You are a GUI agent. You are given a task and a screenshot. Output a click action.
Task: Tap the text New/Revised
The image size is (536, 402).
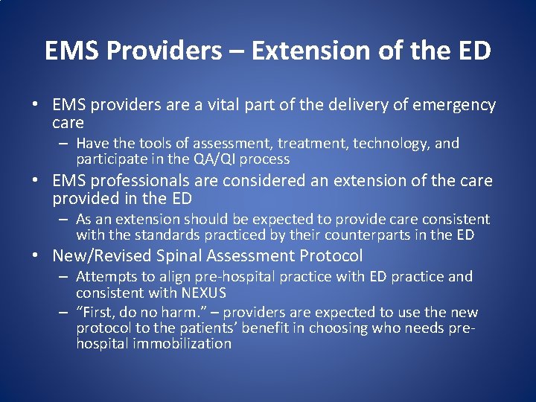tap(103, 256)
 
